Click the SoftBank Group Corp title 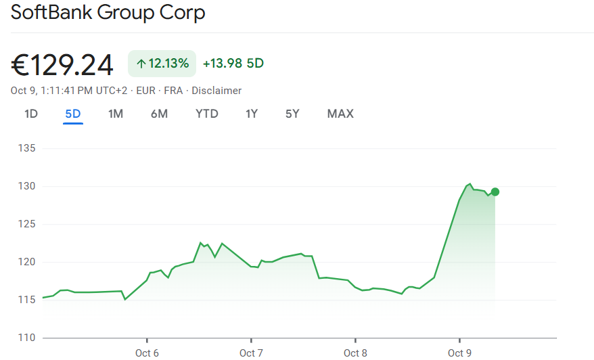(108, 13)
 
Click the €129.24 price (62, 65)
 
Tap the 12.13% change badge (162, 64)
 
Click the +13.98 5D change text (233, 64)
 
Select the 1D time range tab (31, 114)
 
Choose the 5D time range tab (73, 114)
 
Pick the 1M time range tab (116, 114)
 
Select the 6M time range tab (159, 114)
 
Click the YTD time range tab (207, 114)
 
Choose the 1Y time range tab (252, 114)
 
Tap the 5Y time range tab (292, 114)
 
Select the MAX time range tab (340, 114)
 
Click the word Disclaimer (216, 91)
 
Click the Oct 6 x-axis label (147, 353)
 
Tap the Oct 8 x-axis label (355, 353)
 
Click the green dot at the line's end (495, 192)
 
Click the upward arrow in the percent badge (141, 64)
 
